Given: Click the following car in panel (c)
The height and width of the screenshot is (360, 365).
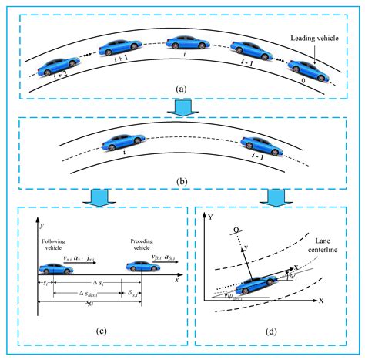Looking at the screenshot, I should click(58, 267).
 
